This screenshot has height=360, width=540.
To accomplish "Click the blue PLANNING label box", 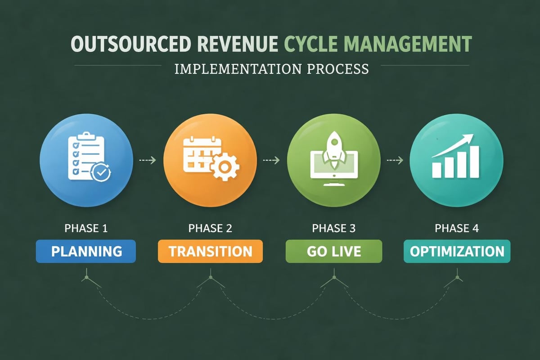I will (85, 251).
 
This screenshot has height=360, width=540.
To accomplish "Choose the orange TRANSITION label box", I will (210, 251).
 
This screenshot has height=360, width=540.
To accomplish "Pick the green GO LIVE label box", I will (333, 251).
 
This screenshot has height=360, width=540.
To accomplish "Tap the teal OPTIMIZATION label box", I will (457, 251).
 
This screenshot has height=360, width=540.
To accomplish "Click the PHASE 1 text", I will (86, 228).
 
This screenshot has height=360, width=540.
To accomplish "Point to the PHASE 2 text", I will (210, 228).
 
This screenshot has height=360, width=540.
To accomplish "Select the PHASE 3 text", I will (333, 228).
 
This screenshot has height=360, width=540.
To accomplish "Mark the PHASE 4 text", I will (457, 228).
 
